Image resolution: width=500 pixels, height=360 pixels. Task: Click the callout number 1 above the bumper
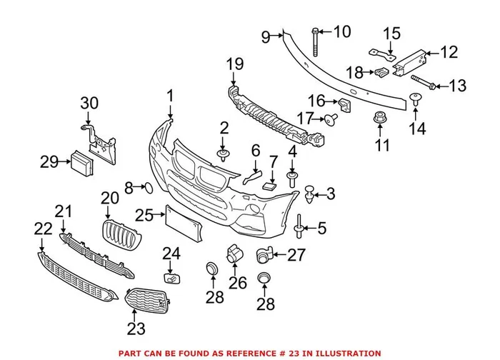pos(171,96)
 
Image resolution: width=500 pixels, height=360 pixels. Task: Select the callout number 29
pos(49,163)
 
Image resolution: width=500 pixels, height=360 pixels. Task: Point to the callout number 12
pos(447,51)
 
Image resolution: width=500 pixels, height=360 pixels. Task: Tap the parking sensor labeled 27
pos(264,253)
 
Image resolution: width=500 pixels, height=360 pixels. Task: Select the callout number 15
pos(391,33)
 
